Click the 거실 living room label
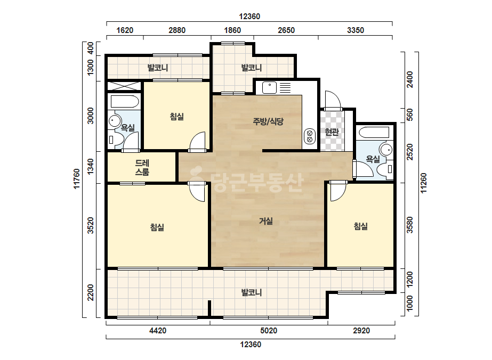(266, 221)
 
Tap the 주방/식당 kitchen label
(268, 121)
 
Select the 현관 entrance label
(332, 132)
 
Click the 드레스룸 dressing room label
(142, 167)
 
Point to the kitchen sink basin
(269, 87)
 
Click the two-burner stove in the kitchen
(310, 136)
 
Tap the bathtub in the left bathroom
(124, 101)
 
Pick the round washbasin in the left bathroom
(115, 121)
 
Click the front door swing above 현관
(333, 100)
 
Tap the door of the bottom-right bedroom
(338, 191)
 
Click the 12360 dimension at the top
(249, 17)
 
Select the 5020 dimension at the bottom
(269, 331)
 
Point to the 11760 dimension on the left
(77, 179)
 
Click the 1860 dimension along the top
(232, 30)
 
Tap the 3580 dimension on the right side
(410, 225)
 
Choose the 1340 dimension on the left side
(91, 167)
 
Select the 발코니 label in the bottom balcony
(252, 292)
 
